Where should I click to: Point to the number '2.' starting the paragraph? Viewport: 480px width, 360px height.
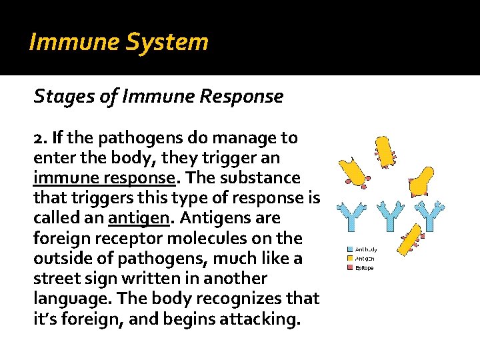tap(41, 138)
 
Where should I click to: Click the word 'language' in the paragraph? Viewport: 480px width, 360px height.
tap(68, 298)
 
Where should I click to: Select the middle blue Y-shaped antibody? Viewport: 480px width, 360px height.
tap(390, 216)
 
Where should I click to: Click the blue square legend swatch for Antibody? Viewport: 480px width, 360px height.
tap(349, 250)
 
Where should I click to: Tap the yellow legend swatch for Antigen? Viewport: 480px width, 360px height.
tap(349, 259)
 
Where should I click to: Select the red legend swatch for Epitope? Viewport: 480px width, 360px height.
tap(349, 267)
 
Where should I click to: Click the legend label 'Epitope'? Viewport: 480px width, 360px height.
tap(365, 267)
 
